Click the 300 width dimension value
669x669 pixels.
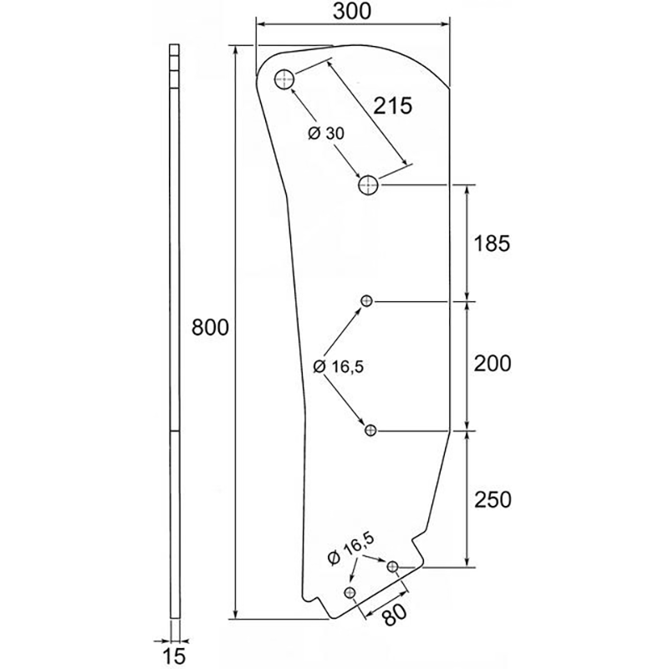[352, 12]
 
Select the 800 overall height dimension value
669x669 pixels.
[210, 328]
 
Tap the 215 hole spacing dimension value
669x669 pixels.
[393, 106]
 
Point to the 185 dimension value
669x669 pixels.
[492, 243]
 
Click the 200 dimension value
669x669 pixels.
[493, 364]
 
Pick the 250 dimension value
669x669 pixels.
[493, 499]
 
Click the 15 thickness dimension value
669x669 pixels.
[175, 656]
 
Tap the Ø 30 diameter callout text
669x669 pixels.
[326, 134]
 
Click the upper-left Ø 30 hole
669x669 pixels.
[284, 79]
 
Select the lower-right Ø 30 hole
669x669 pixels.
[368, 185]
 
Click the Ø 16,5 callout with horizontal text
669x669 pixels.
[339, 366]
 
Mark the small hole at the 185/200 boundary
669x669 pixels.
[366, 301]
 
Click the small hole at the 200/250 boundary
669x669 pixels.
[370, 430]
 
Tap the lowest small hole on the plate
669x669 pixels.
[350, 592]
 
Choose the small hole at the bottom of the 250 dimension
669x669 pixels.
[392, 567]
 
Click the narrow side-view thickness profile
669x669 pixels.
[175, 331]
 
